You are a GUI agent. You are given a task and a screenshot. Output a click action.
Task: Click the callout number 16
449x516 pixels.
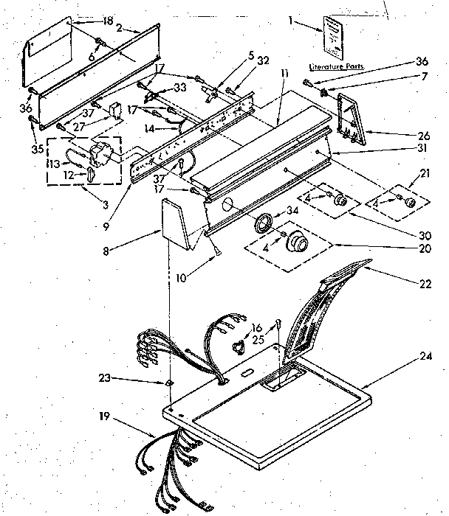point(258,327)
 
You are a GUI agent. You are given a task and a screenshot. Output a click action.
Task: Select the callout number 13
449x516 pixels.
point(54,163)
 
